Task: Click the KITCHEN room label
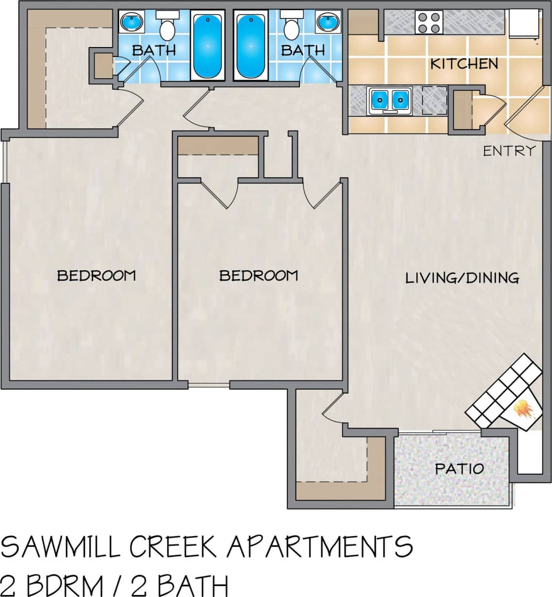pyautogui.click(x=464, y=64)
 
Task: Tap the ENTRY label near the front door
pyautogui.click(x=509, y=151)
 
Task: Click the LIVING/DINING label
pyautogui.click(x=462, y=278)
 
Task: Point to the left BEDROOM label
pyautogui.click(x=96, y=275)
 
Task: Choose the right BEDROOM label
pyautogui.click(x=258, y=275)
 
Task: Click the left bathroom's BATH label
pyautogui.click(x=154, y=50)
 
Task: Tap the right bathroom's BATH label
pyautogui.click(x=303, y=50)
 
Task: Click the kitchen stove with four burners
pyautogui.click(x=429, y=22)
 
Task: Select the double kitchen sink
pyautogui.click(x=390, y=100)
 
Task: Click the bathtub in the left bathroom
pyautogui.click(x=207, y=45)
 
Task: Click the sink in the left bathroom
pyautogui.click(x=131, y=22)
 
